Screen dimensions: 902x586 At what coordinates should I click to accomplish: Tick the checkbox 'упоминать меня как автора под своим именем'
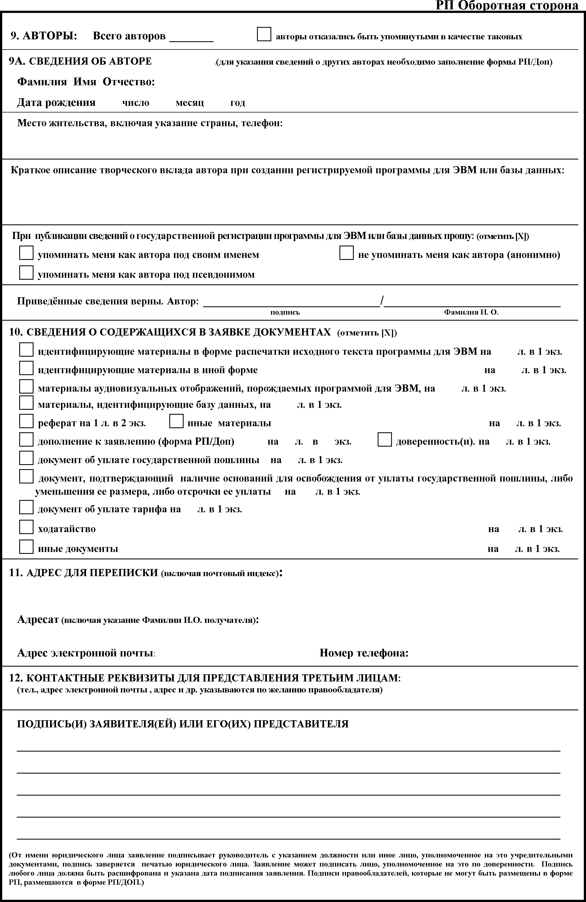click(26, 253)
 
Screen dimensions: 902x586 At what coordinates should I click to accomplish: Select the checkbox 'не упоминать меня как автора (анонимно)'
click(346, 253)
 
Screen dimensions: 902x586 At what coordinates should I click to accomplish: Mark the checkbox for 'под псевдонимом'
click(26, 273)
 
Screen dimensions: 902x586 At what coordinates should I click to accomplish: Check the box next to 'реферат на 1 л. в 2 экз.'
click(26, 421)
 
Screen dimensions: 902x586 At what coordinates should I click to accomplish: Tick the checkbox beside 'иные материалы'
click(176, 421)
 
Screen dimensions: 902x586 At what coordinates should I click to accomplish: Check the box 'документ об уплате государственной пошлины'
click(26, 458)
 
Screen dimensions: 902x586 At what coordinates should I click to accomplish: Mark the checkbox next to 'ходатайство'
click(26, 527)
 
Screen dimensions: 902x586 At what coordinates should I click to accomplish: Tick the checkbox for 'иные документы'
click(26, 546)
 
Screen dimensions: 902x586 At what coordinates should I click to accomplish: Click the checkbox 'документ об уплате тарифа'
click(26, 507)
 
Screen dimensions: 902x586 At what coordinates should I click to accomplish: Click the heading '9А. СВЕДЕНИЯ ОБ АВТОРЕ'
click(80, 61)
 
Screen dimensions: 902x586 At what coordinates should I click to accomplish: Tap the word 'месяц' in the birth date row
click(189, 103)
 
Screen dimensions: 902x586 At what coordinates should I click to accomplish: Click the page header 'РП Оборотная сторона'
click(507, 5)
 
